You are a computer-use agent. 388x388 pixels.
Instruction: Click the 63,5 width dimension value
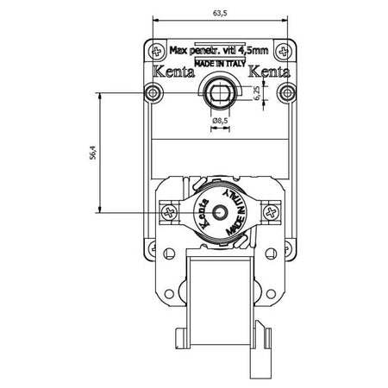click(x=220, y=13)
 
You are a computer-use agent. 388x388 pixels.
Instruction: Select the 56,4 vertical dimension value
click(x=93, y=153)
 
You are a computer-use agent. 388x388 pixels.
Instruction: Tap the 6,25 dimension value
click(x=256, y=93)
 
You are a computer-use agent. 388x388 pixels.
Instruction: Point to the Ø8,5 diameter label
click(x=220, y=121)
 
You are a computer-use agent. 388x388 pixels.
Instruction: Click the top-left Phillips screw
click(x=157, y=52)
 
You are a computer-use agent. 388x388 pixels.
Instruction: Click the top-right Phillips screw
click(x=284, y=52)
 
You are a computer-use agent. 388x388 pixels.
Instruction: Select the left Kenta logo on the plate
click(x=174, y=72)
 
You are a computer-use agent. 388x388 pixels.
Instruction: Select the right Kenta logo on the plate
click(x=269, y=72)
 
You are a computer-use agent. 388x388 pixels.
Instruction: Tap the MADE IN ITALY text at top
click(x=220, y=64)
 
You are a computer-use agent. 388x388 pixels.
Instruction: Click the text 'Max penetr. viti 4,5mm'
click(x=219, y=50)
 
